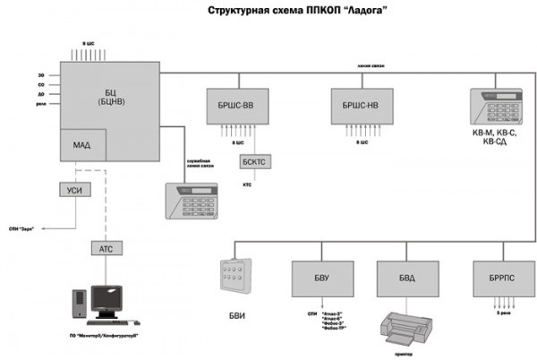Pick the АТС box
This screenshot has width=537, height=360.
(106, 248)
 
